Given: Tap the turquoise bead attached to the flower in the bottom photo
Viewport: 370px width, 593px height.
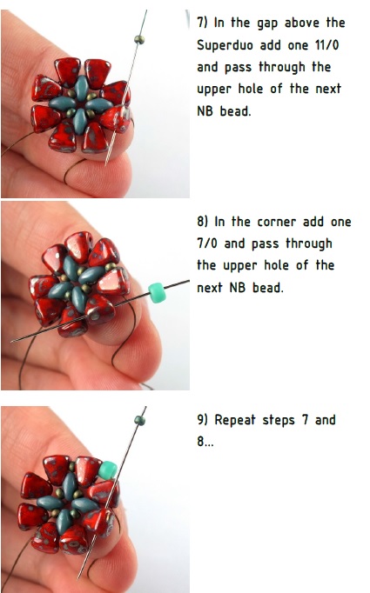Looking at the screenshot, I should (x=109, y=470).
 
